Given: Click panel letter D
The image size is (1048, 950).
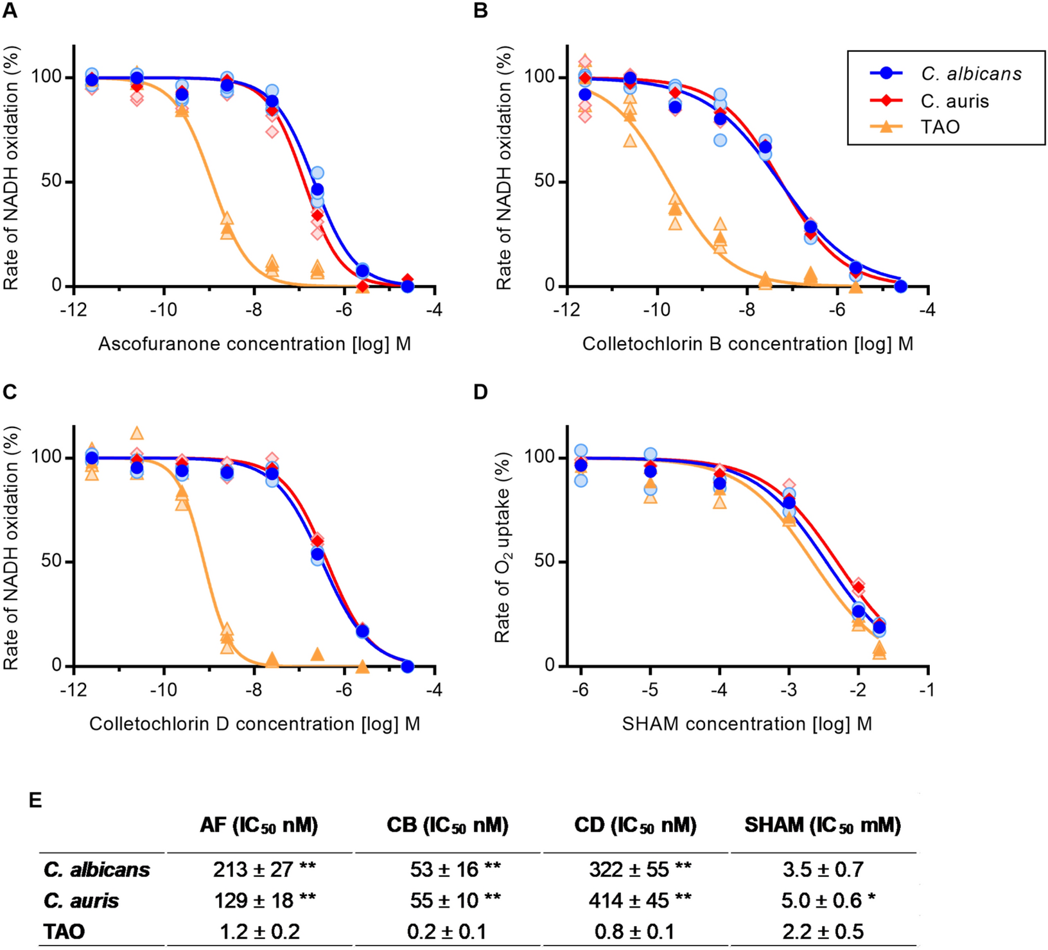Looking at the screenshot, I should tap(480, 392).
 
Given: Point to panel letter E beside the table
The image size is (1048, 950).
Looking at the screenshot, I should tap(35, 800).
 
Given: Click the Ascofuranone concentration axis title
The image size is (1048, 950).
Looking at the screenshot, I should tap(254, 344).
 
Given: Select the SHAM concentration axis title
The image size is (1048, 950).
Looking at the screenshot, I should tap(747, 724).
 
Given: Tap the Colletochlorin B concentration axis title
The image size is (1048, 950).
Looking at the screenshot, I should tap(747, 344).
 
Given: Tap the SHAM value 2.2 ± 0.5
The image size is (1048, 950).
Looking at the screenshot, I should tap(823, 931).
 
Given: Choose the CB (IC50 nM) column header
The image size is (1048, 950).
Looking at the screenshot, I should tap(448, 825).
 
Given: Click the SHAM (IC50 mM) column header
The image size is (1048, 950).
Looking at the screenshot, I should tap(823, 825).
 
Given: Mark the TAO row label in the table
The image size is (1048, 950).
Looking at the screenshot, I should tap(64, 931).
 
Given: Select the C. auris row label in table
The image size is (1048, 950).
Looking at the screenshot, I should tap(81, 900).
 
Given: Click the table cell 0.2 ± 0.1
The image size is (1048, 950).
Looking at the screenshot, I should tap(446, 931).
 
